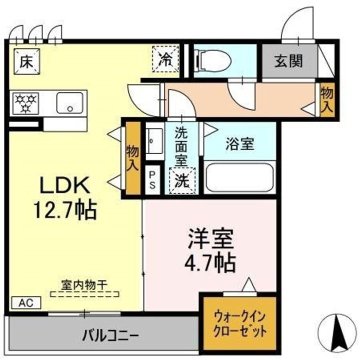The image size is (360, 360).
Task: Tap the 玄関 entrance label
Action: [x=288, y=61]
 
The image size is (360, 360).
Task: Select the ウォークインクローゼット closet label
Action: [x=239, y=323]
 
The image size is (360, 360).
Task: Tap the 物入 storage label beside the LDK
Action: [x=132, y=157]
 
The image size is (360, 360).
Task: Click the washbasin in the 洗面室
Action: [x=154, y=137]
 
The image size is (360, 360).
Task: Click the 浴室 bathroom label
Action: [x=239, y=144]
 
